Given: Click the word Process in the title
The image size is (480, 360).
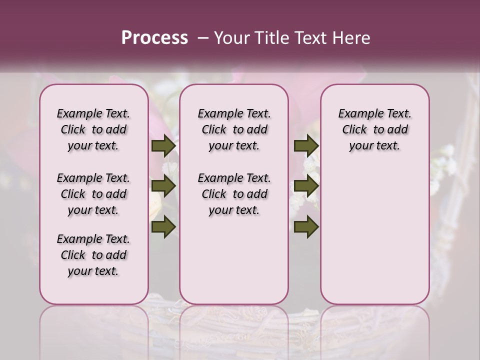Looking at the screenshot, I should (154, 38).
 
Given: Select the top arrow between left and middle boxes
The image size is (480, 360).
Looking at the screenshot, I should (163, 146).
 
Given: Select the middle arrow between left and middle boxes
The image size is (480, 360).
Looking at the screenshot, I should (163, 186).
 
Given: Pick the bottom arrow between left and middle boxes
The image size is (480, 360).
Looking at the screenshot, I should (163, 227).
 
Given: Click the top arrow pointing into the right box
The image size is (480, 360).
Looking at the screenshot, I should (305, 146).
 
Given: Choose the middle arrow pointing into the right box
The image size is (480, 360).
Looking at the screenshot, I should (305, 186).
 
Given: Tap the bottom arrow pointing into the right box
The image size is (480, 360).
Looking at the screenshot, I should (305, 227).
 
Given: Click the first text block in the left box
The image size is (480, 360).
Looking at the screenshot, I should (93, 129).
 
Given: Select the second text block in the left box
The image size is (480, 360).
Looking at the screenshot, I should (93, 194).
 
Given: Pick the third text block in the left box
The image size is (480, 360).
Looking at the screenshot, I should (93, 255).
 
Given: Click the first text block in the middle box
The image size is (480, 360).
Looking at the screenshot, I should (234, 129).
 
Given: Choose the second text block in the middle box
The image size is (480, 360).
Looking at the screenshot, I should (234, 194).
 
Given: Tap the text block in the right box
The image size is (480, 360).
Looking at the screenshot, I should (374, 129).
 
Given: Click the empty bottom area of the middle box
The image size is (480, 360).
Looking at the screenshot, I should (234, 265).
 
